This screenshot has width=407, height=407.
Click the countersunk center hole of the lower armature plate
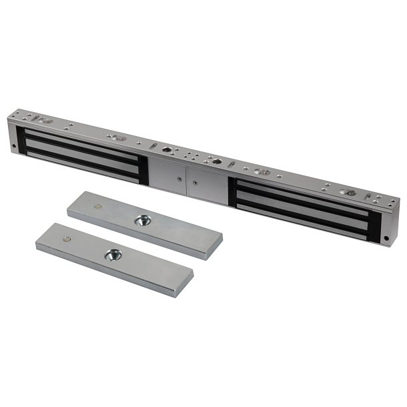[x=113, y=254]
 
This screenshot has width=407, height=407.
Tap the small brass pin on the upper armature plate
[x=97, y=206]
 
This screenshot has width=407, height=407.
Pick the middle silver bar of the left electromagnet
[x=80, y=152]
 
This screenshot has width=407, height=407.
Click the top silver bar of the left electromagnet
[x=80, y=141]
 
